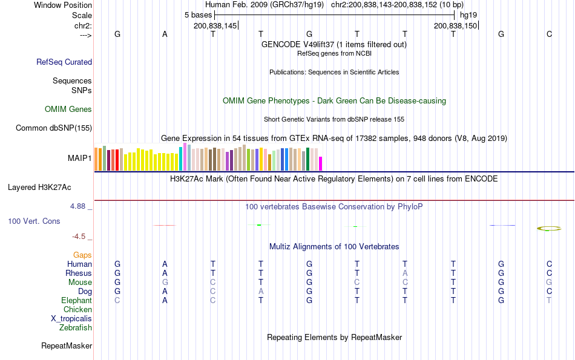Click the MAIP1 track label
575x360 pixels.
(x=80, y=158)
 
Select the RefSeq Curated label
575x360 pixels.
(x=64, y=62)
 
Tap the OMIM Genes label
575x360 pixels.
(x=68, y=110)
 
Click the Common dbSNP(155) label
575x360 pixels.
(x=54, y=128)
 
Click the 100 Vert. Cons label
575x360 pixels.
(x=34, y=221)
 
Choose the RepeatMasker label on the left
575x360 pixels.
(x=67, y=346)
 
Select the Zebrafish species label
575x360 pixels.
(x=76, y=328)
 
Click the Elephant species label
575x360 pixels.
(x=76, y=300)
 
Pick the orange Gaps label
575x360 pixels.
(x=82, y=255)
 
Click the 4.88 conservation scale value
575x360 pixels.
(x=79, y=206)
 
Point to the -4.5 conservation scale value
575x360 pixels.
(x=80, y=237)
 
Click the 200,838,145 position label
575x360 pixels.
(x=215, y=25)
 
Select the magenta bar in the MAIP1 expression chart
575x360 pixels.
(x=321, y=163)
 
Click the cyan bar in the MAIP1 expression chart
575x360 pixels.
(x=180, y=158)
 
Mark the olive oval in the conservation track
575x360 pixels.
(x=549, y=228)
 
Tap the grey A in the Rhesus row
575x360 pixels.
(x=405, y=273)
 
